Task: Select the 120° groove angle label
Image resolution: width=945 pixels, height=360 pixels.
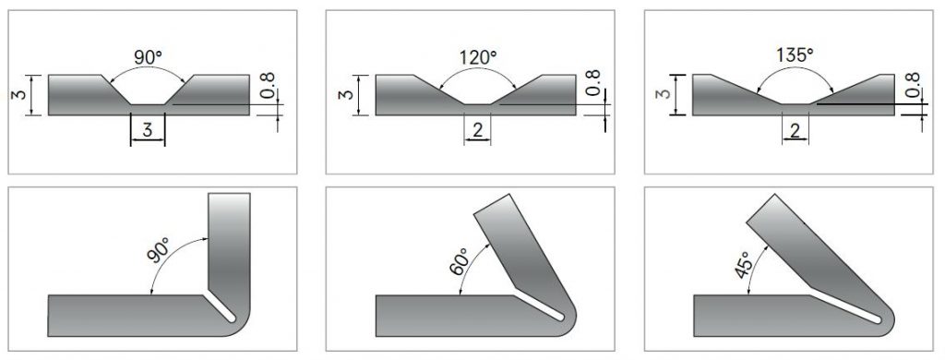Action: (x=477, y=57)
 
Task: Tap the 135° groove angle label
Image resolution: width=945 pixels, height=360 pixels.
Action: (x=795, y=56)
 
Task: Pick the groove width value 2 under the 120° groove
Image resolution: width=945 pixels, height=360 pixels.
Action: (x=477, y=129)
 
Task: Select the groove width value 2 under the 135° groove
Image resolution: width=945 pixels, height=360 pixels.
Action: (x=795, y=129)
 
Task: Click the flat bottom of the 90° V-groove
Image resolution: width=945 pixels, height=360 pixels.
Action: (x=148, y=102)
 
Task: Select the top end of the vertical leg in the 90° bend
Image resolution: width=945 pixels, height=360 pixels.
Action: (x=230, y=195)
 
